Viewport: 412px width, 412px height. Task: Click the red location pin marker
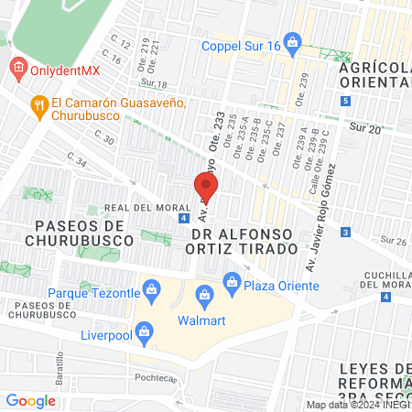pyautogui.click(x=206, y=188)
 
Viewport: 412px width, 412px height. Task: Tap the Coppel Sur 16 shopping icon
pyautogui.click(x=292, y=41)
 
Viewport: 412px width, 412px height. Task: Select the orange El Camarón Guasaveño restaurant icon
pyautogui.click(x=38, y=104)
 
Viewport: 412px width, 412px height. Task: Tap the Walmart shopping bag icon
pyautogui.click(x=204, y=294)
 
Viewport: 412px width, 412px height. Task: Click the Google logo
pyautogui.click(x=30, y=400)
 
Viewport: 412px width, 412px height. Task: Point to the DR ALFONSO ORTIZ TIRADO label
pyautogui.click(x=244, y=248)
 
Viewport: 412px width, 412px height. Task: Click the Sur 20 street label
pyautogui.click(x=367, y=129)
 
